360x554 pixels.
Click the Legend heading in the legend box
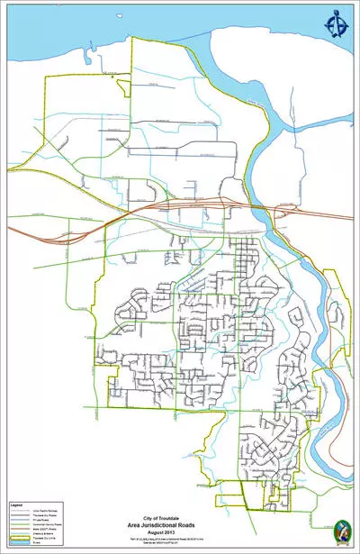pyautogui.click(x=15, y=505)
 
